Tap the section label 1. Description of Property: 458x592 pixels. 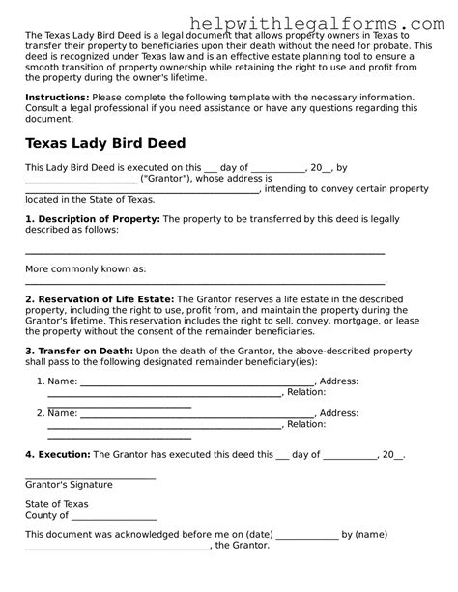pos(92,219)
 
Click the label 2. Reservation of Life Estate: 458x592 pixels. pos(100,299)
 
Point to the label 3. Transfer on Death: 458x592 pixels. pos(79,352)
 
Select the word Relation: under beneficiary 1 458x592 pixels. pos(305,392)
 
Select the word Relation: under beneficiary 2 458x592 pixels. pos(305,424)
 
